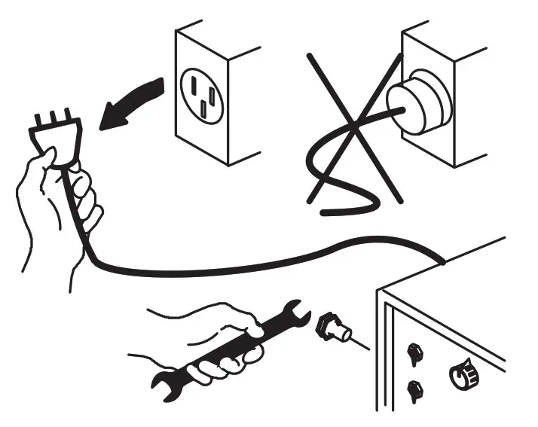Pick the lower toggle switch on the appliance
click(x=412, y=390)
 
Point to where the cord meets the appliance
click(x=443, y=261)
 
